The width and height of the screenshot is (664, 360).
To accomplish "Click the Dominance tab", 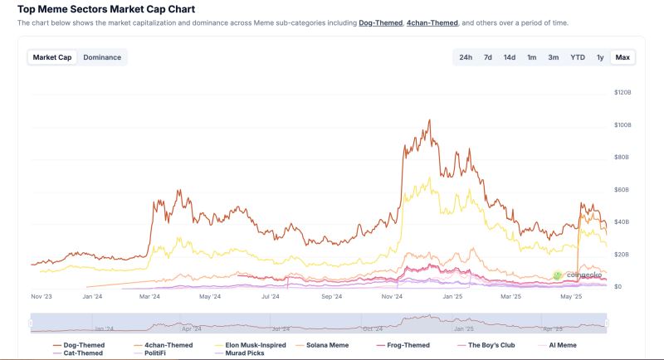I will tap(102, 57).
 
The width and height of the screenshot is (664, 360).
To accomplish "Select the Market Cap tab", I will tap(52, 57).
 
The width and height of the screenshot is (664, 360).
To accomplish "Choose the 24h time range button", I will tap(466, 57).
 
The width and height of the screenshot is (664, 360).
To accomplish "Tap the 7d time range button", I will tap(488, 57).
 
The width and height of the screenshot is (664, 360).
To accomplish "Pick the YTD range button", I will tap(577, 57).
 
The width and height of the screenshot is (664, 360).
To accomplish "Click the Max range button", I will tap(622, 57).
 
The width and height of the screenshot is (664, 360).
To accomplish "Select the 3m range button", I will tap(553, 57).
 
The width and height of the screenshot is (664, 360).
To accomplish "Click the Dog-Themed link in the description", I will tap(379, 23).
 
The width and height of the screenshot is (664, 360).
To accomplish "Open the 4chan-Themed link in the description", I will tap(432, 23).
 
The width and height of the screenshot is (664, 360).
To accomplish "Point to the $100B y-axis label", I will tap(622, 124).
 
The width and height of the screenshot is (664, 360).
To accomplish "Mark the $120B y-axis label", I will tap(622, 92).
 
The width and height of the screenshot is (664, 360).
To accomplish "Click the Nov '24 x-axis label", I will tap(392, 296).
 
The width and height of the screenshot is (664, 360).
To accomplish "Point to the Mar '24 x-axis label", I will tap(150, 296).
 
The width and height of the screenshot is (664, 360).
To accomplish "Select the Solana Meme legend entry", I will tap(327, 345).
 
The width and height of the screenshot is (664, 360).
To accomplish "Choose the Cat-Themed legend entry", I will tap(83, 353).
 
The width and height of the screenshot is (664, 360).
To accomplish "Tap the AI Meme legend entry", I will tap(562, 345).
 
